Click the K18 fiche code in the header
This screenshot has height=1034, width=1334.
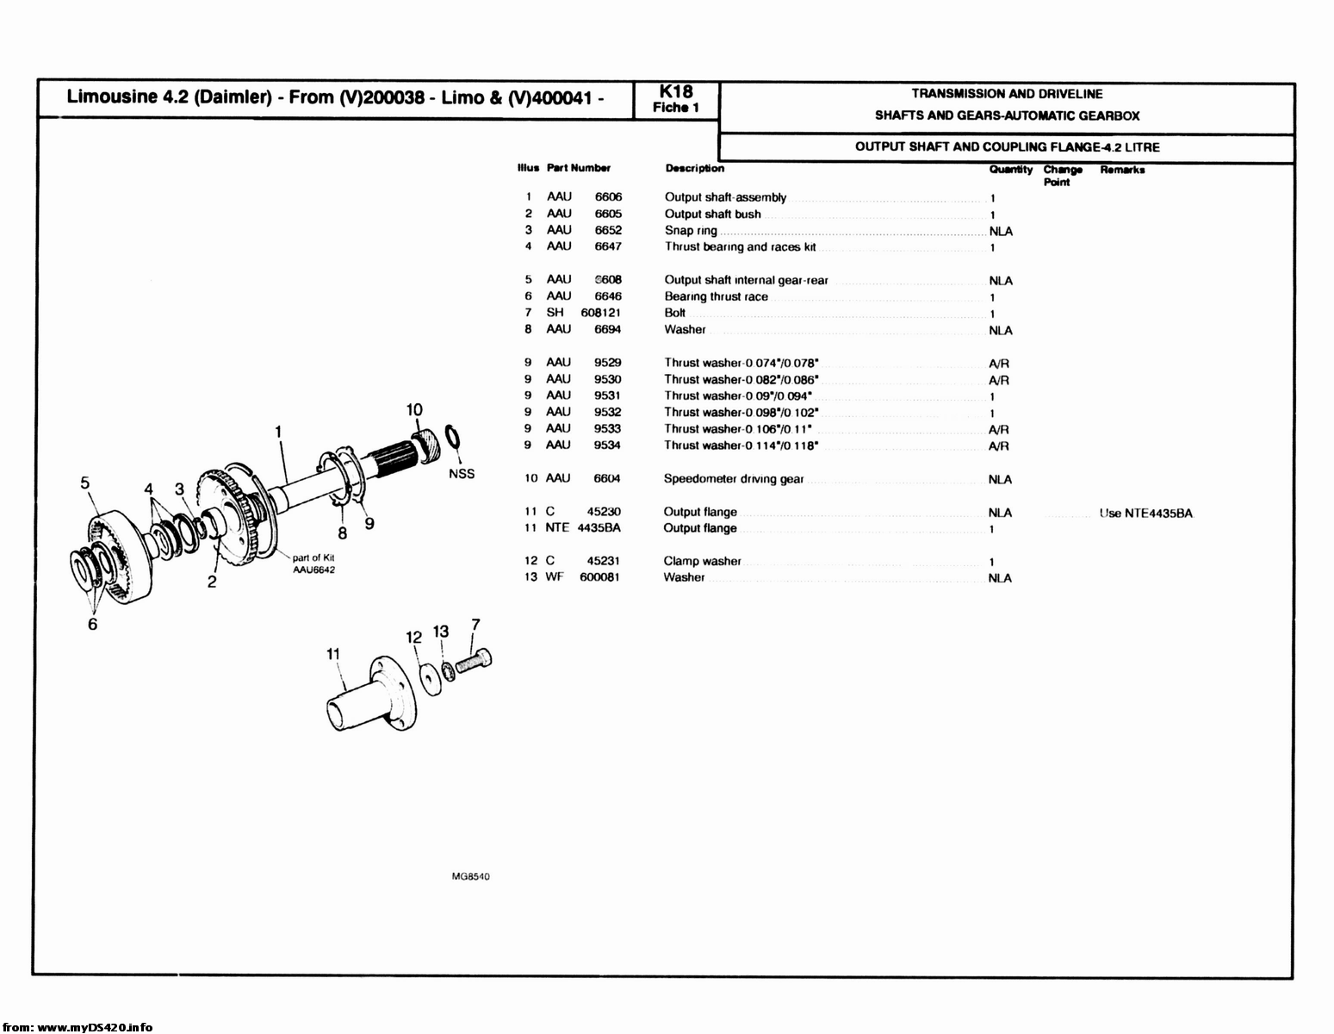pos(676,92)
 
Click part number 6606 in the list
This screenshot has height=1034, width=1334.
pos(608,197)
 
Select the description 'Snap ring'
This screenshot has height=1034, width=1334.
pos(691,231)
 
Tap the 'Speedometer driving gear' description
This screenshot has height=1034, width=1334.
pos(733,479)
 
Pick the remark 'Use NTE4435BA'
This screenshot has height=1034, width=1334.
pos(1145,514)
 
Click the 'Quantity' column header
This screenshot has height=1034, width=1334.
pos(1010,170)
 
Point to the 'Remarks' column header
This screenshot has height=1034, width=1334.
pos(1122,170)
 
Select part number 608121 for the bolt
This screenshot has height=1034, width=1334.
pos(600,313)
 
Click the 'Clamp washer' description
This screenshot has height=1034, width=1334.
pos(702,561)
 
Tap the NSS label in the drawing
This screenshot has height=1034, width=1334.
pos(462,474)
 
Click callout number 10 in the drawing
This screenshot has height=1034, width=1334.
pos(414,409)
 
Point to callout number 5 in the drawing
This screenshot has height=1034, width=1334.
pos(84,483)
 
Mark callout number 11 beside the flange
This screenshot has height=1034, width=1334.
pos(334,654)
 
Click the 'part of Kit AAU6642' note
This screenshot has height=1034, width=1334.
pos(313,564)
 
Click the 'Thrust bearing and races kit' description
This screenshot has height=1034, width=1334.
pos(740,247)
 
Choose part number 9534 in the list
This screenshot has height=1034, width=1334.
pos(607,445)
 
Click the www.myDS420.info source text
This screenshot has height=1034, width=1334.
pos(78,1027)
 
